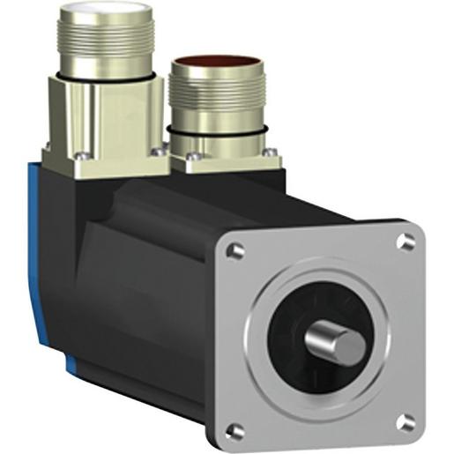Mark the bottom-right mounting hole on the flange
pos(406,421)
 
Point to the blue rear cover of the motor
pos(54,264)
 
